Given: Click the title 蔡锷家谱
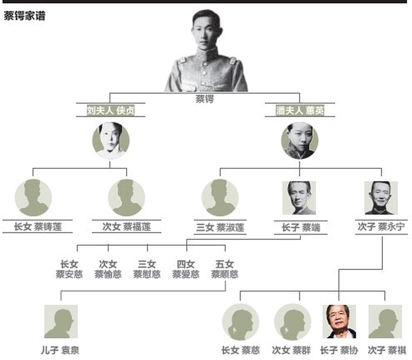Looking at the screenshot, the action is [24, 16].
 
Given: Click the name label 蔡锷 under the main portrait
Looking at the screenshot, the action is [204, 99].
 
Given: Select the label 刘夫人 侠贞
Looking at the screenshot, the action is [111, 110].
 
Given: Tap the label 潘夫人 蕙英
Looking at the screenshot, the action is [300, 110].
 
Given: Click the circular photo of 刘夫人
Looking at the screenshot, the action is [111, 141].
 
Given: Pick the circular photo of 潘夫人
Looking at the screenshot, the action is [300, 141].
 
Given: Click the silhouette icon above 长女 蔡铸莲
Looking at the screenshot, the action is [33, 198].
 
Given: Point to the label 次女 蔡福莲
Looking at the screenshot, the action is [127, 226].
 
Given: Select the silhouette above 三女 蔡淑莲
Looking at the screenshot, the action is [220, 198].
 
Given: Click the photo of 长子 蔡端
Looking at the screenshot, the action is [299, 198].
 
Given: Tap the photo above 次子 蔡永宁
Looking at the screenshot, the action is [381, 198].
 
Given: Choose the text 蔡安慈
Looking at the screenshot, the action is [69, 274].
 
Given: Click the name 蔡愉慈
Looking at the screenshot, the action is [108, 274].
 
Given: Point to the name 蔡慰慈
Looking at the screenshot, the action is [147, 274].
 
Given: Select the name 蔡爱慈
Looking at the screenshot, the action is [186, 274].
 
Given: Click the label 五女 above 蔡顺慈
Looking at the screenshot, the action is [225, 264].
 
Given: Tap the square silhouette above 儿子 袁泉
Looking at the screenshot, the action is [61, 322].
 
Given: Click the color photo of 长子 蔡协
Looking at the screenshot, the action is [339, 322].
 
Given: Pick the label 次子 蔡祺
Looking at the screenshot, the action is [387, 350].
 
